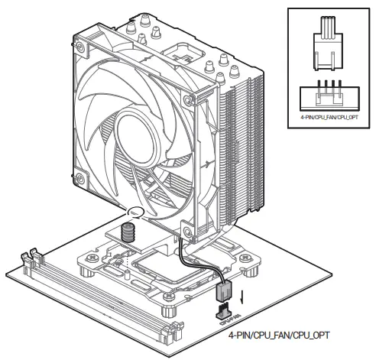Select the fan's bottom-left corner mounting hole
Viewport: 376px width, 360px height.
tap(79, 180)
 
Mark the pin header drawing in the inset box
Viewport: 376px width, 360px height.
tap(327, 97)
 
